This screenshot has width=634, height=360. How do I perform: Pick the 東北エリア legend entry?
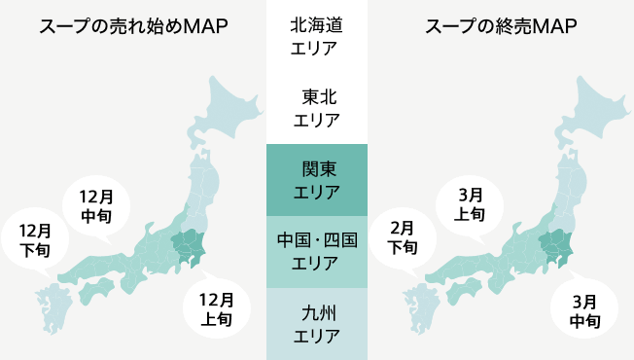[316, 108]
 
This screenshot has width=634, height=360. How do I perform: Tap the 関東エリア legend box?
[316, 180]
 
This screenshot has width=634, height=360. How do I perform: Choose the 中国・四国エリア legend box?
[316, 251]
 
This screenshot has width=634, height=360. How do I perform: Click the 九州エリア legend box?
[316, 324]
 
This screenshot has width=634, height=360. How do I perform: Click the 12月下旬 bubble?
[35, 239]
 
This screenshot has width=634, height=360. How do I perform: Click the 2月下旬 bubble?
[403, 237]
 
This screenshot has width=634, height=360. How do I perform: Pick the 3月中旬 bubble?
[584, 308]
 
